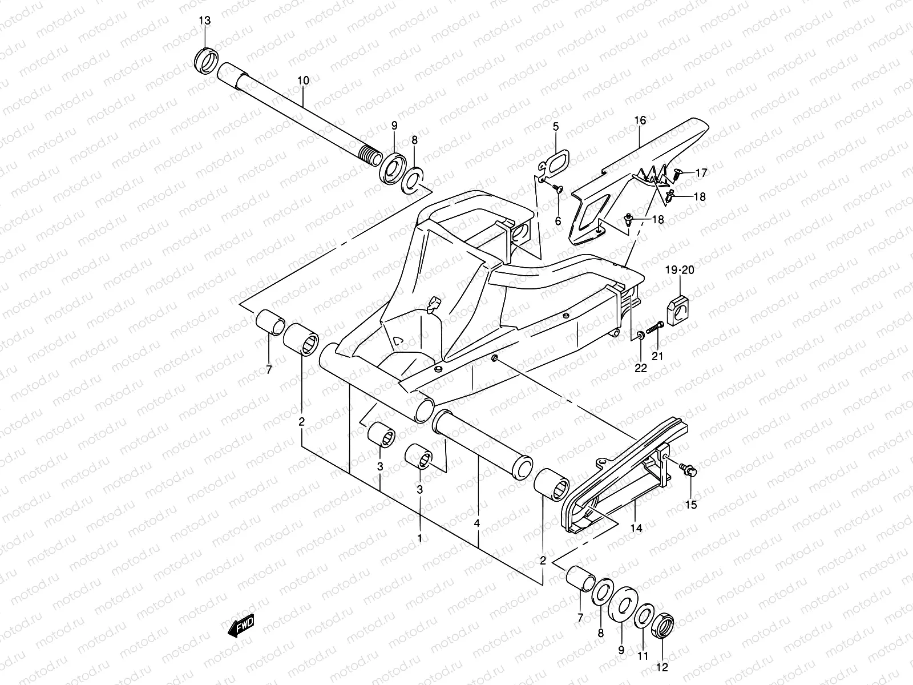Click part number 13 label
click(204, 21)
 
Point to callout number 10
click(303, 80)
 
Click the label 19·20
click(680, 270)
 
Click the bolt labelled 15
click(689, 470)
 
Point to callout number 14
click(636, 528)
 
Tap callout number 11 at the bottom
click(643, 656)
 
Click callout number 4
click(477, 523)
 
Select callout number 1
click(419, 538)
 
